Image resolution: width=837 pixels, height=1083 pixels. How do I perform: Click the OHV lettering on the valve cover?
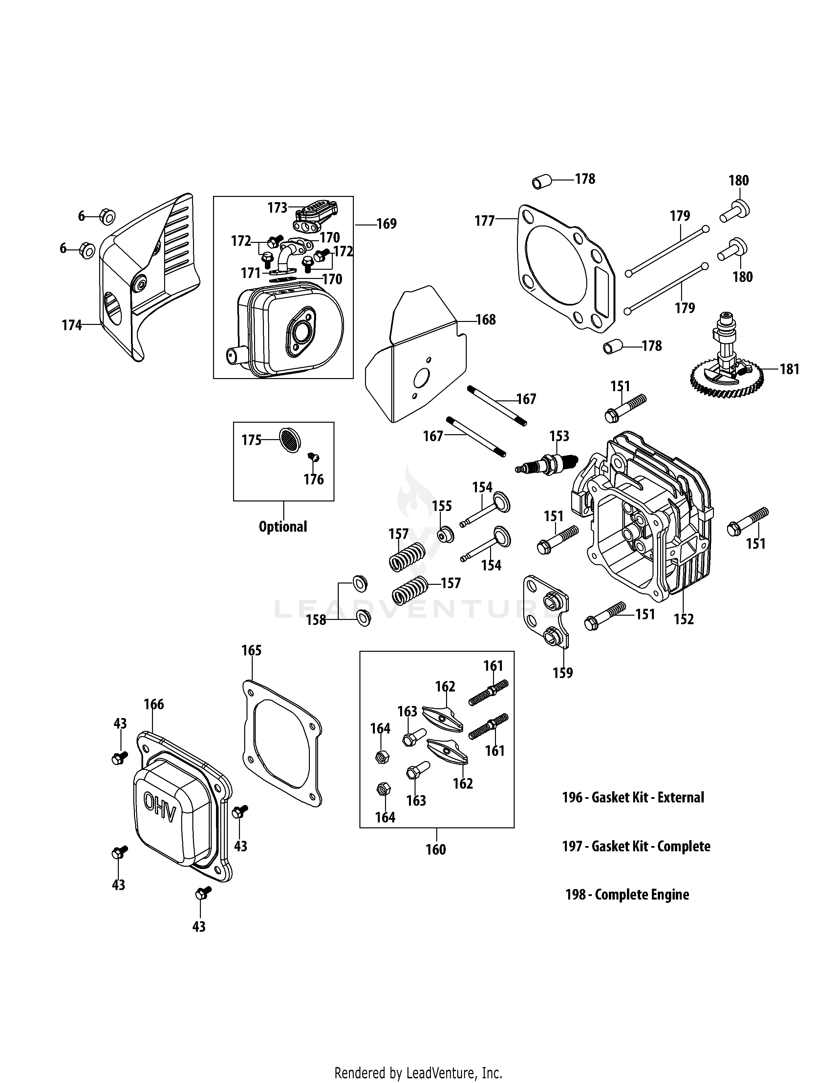click(160, 814)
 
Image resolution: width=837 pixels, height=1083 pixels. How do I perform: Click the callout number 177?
click(484, 221)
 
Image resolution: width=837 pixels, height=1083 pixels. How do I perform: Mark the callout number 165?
click(251, 650)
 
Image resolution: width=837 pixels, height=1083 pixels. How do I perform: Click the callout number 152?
click(684, 619)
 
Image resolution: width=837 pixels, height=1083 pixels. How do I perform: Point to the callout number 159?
click(563, 673)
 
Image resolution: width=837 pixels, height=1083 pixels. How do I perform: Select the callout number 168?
click(485, 320)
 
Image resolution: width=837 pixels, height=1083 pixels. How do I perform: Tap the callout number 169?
click(386, 224)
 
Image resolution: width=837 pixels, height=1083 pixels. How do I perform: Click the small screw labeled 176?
click(313, 457)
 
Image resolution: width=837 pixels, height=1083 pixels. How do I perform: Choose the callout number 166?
click(154, 704)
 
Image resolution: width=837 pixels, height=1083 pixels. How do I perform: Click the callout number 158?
click(316, 620)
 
